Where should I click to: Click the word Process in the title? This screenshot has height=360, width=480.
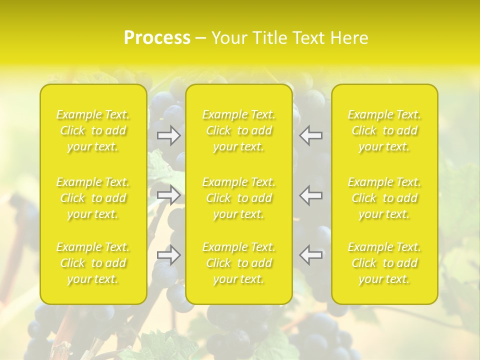pyautogui.click(x=157, y=38)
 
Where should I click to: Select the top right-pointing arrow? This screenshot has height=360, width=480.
pyautogui.click(x=168, y=135)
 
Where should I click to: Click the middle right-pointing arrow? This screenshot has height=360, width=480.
pyautogui.click(x=168, y=195)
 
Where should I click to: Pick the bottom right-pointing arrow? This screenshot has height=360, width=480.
pyautogui.click(x=168, y=255)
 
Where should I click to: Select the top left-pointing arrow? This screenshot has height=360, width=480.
pyautogui.click(x=311, y=135)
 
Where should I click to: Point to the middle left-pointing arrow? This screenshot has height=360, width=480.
pyautogui.click(x=311, y=195)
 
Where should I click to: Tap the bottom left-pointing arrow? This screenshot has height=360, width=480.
pyautogui.click(x=311, y=255)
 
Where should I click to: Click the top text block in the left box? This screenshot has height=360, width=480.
pyautogui.click(x=93, y=130)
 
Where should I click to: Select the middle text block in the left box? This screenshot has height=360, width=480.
pyautogui.click(x=93, y=198)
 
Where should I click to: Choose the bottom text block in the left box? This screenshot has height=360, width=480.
pyautogui.click(x=93, y=263)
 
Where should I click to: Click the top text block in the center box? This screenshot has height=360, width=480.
pyautogui.click(x=239, y=130)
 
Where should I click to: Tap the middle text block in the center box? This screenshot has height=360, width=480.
pyautogui.click(x=239, y=198)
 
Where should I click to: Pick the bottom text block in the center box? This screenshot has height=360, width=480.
pyautogui.click(x=239, y=263)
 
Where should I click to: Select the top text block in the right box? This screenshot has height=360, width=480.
pyautogui.click(x=384, y=130)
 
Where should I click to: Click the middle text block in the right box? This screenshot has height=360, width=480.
pyautogui.click(x=384, y=198)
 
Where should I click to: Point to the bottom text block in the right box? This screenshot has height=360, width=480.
pyautogui.click(x=384, y=263)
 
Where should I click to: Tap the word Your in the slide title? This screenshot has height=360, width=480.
pyautogui.click(x=228, y=38)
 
